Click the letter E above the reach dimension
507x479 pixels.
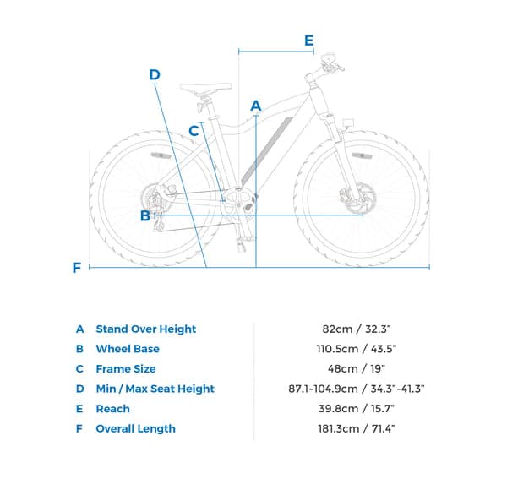click(x=309, y=41)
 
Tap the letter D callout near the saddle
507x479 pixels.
click(x=155, y=74)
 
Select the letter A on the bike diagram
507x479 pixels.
click(x=256, y=106)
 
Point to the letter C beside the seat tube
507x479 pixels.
click(x=194, y=131)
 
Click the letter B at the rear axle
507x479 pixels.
click(x=145, y=215)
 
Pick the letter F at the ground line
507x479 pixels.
click(x=77, y=268)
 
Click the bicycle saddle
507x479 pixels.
click(x=205, y=88)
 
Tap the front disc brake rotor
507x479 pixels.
click(x=358, y=198)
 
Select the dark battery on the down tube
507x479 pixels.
click(x=267, y=151)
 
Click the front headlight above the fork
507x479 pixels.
click(x=348, y=123)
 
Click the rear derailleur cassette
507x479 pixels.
click(x=150, y=198)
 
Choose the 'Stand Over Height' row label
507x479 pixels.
click(x=146, y=329)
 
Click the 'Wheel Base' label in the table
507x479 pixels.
click(x=128, y=349)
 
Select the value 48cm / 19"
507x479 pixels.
click(x=357, y=369)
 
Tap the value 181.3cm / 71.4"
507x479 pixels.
click(x=357, y=429)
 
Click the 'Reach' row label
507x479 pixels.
click(x=113, y=409)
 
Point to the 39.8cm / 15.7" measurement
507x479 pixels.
click(x=357, y=409)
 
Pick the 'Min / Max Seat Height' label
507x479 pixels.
click(x=155, y=389)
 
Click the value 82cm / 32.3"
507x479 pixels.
click(x=357, y=329)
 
